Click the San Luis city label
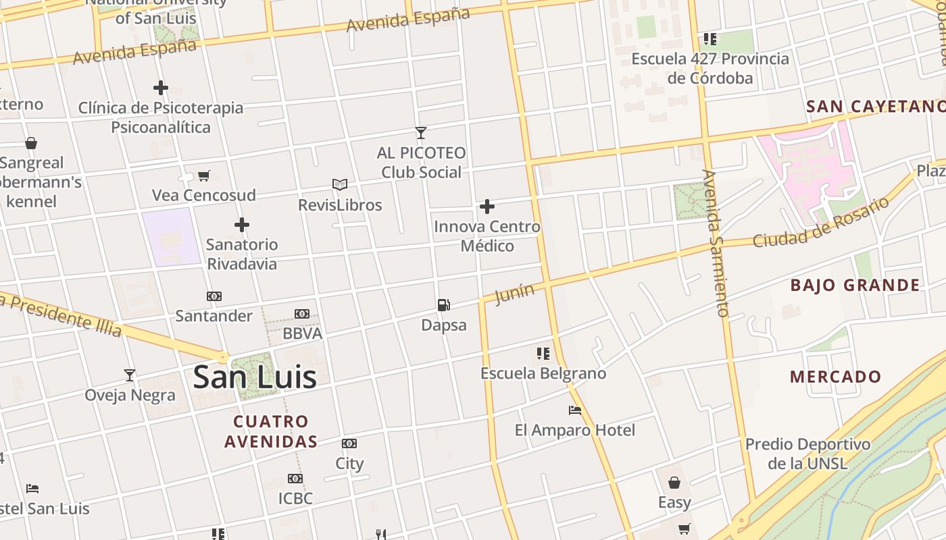(255, 377)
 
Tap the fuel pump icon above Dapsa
(443, 305)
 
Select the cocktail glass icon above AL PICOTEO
(421, 133)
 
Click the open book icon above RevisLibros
(340, 184)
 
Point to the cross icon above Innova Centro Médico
(487, 207)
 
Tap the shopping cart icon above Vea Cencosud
(203, 176)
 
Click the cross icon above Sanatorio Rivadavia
(242, 225)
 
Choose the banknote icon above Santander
(214, 296)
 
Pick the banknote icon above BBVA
(302, 314)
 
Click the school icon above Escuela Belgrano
(543, 354)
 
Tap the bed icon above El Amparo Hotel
(574, 410)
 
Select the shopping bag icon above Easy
(674, 483)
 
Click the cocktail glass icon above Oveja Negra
(130, 375)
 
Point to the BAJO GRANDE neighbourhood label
(855, 285)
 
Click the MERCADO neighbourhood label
(835, 377)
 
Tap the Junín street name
(514, 294)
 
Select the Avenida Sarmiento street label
(716, 243)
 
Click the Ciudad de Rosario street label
(821, 222)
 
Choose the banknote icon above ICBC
(295, 479)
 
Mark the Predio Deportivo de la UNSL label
(807, 454)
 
